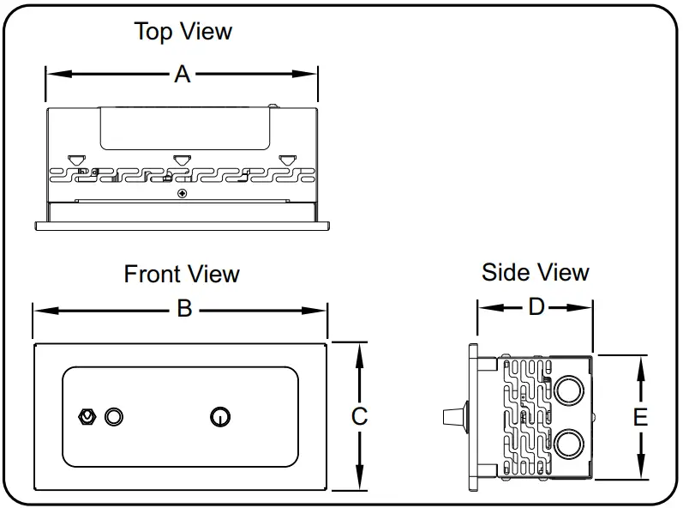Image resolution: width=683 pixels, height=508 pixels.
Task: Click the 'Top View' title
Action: pos(183,32)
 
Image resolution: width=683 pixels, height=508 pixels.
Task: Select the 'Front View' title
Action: pos(182,275)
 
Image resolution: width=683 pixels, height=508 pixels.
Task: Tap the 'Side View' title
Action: pos(536,273)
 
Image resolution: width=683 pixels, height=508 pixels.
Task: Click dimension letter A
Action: pos(182,75)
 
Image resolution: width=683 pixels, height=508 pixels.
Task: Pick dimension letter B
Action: pos(184,309)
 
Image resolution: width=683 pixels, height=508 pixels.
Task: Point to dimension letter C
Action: pos(360,416)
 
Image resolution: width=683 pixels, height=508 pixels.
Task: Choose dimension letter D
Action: pos(536,307)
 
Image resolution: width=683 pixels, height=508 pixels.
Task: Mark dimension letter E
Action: pos(639,417)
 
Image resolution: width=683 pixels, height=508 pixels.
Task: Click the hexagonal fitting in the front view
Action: pos(86,417)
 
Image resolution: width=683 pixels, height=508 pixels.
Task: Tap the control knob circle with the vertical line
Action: pos(220,417)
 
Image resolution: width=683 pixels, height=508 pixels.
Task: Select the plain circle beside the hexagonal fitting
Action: pos(114,417)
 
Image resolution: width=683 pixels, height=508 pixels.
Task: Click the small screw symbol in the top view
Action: pos(181,195)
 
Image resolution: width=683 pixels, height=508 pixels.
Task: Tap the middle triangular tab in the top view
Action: pos(181,159)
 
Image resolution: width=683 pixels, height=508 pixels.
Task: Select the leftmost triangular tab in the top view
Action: pos(76,159)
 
